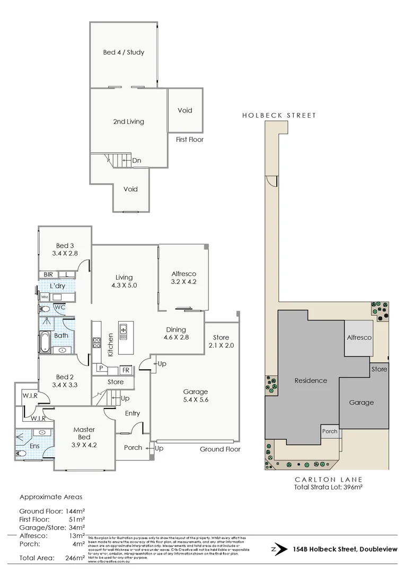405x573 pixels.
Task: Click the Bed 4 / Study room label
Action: point(124,53)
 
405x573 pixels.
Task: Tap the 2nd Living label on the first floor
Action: point(128,121)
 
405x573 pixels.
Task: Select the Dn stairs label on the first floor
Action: point(136,160)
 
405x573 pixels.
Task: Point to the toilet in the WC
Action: point(45,308)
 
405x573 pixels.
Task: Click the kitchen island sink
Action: point(124,332)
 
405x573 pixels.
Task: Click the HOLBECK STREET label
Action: point(279,115)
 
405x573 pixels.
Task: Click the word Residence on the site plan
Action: point(310,380)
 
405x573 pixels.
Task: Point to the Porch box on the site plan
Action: point(329,431)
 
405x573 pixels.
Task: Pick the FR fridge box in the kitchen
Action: point(126,369)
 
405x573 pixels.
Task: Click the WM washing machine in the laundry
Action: point(44,297)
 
